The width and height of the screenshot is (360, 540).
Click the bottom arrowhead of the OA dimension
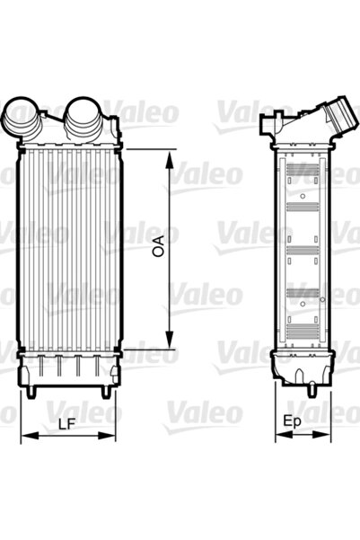[x=169, y=343]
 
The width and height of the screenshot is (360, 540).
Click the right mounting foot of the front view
[x=105, y=393]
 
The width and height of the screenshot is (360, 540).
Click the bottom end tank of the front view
[x=68, y=368]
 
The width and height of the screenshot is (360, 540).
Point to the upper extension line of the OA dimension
[x=144, y=150]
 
